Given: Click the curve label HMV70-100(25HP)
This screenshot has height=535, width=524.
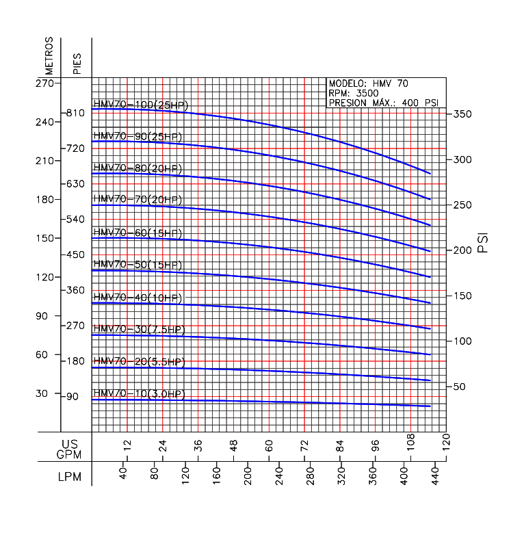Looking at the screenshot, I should [140, 105].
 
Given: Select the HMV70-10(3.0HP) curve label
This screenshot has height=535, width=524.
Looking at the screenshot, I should [139, 394].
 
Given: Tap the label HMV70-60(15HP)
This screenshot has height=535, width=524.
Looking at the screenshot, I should [137, 233].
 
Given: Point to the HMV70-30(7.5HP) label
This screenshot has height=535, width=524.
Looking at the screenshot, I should [139, 329].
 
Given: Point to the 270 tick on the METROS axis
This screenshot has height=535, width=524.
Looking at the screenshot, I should [44, 83].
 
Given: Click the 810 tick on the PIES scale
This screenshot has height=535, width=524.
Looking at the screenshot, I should [75, 112].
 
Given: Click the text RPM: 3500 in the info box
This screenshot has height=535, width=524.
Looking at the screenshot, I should [350, 93].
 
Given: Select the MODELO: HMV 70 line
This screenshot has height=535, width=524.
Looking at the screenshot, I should [369, 83].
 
